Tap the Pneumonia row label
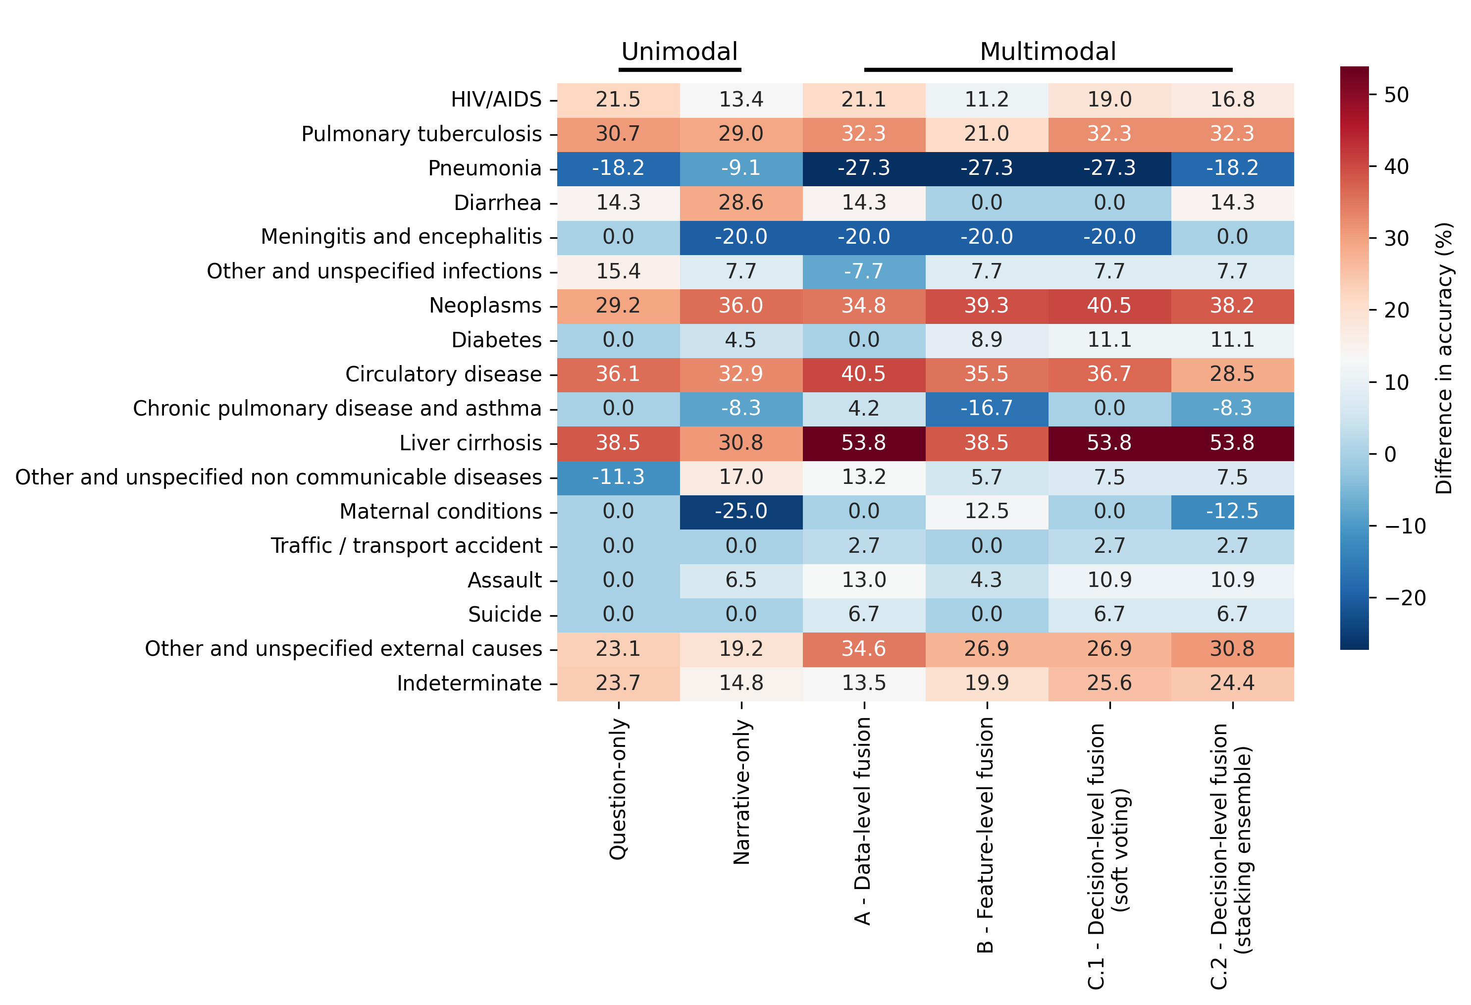pyautogui.click(x=484, y=168)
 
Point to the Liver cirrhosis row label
pyautogui.click(x=471, y=443)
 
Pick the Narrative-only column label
pyautogui.click(x=741, y=792)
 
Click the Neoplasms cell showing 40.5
pyautogui.click(x=1109, y=306)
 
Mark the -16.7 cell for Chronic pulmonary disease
pyautogui.click(x=986, y=408)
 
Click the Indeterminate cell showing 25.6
pyautogui.click(x=1109, y=683)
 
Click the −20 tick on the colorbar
pyautogui.click(x=1405, y=598)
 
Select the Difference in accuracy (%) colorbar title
pyautogui.click(x=1444, y=358)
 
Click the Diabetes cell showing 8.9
pyautogui.click(x=986, y=340)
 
